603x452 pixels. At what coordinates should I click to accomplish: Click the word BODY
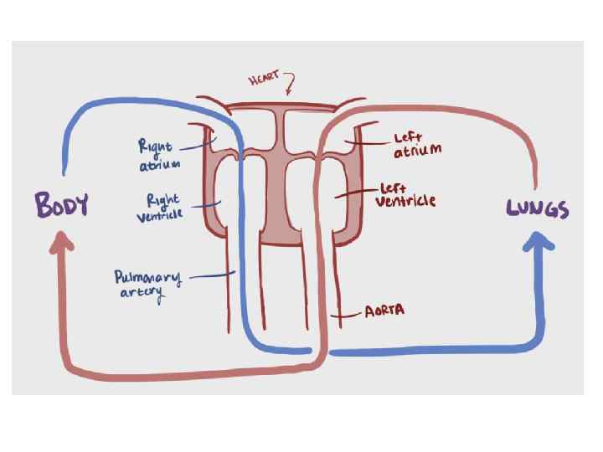61,204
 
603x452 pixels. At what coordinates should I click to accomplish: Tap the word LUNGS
539,209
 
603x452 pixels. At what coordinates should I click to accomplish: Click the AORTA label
384,311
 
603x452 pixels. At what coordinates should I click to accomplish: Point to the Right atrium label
158,156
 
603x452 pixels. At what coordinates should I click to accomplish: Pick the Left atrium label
415,142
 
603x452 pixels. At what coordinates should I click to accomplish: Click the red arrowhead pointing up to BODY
62,244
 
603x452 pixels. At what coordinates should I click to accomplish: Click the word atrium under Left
417,151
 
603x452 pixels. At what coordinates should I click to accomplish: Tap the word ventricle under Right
159,216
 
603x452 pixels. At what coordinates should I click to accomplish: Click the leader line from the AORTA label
348,315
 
